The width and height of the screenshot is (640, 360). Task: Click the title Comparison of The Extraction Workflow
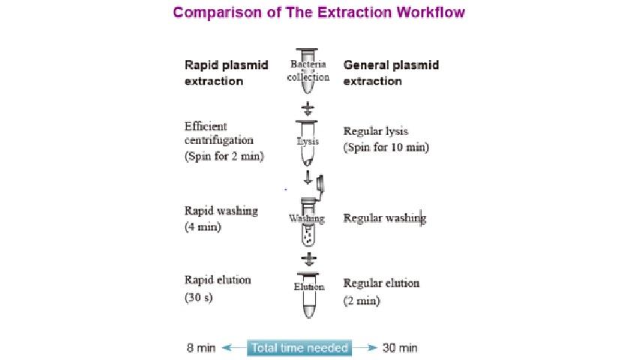click(x=319, y=13)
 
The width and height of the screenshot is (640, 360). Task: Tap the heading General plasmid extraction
click(x=391, y=73)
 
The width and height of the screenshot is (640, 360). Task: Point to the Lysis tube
click(x=308, y=142)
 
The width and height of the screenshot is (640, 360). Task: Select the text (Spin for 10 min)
click(x=386, y=147)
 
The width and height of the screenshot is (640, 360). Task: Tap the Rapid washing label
click(x=221, y=211)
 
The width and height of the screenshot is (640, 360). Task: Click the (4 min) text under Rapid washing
click(x=203, y=226)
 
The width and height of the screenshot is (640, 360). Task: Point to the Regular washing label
click(x=384, y=218)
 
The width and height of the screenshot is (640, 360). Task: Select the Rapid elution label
click(x=218, y=280)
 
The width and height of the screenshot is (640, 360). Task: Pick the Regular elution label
click(x=381, y=283)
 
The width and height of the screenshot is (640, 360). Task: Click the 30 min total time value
click(x=400, y=348)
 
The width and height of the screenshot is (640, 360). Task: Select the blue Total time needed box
click(x=300, y=348)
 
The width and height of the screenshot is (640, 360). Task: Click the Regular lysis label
click(x=376, y=131)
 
